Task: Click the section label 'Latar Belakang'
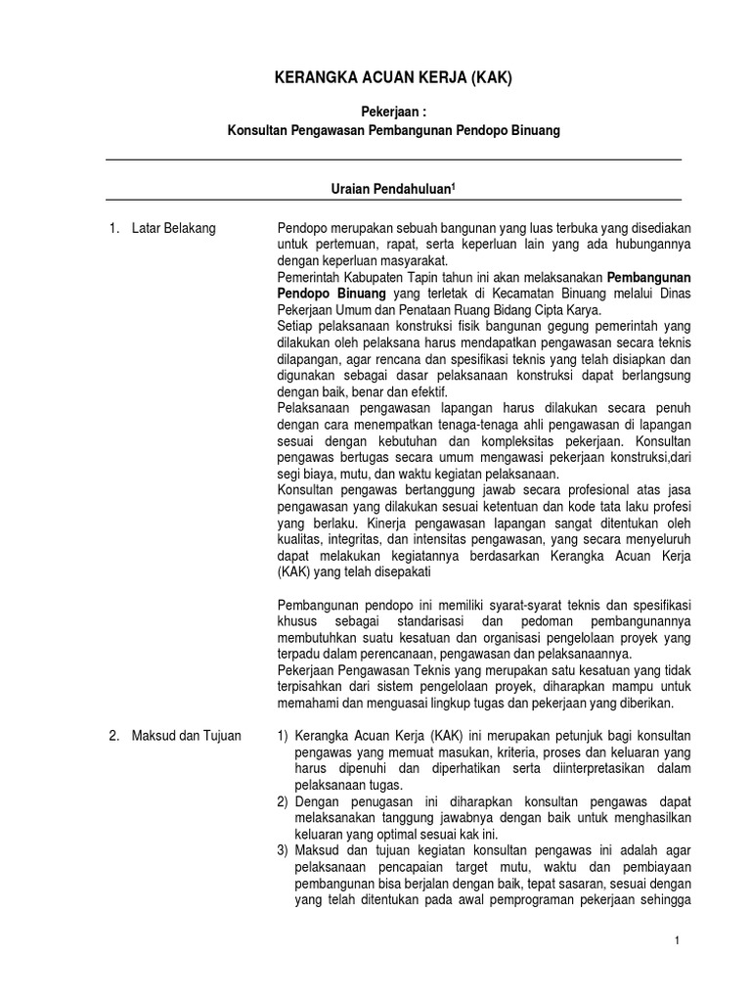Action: tap(173, 229)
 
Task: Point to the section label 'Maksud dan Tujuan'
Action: tap(185, 737)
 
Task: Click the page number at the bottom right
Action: tap(676, 940)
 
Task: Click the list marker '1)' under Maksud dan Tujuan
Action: tap(284, 737)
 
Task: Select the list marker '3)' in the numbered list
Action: tap(284, 849)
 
